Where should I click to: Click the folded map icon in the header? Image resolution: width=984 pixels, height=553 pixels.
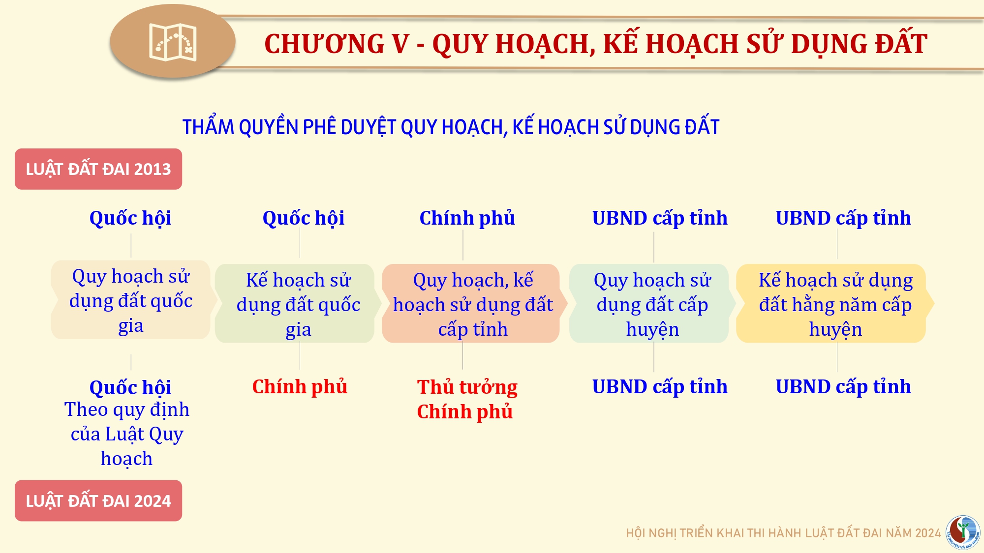click(x=173, y=42)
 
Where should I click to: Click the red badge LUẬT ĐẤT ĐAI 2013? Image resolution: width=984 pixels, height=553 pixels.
click(x=98, y=169)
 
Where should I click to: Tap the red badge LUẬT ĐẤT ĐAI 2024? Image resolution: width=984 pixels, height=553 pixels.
click(x=98, y=500)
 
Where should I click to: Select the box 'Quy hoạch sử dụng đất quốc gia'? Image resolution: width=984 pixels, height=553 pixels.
click(x=131, y=300)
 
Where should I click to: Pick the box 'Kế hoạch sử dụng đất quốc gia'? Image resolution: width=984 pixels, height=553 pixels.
click(x=298, y=304)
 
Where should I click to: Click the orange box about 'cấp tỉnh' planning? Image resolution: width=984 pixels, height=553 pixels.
click(x=473, y=304)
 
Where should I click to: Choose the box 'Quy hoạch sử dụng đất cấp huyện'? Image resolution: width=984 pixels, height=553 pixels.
click(x=652, y=304)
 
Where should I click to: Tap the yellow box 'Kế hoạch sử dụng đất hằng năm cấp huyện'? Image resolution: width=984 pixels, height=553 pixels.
click(x=835, y=304)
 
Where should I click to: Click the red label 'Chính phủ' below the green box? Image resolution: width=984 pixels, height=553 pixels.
click(x=300, y=387)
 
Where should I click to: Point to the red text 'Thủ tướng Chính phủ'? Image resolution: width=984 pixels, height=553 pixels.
click(x=467, y=399)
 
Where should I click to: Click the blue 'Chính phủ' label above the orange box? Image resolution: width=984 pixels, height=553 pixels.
click(x=467, y=218)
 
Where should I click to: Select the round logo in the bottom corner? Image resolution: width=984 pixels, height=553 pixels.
click(x=963, y=532)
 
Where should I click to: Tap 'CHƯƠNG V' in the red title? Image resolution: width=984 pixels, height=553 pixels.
click(x=337, y=44)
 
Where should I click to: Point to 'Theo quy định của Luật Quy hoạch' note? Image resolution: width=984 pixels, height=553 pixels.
click(x=127, y=434)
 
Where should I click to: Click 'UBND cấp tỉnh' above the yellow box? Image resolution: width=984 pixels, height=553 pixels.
click(x=843, y=218)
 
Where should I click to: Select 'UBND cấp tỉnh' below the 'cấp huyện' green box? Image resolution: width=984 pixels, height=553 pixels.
click(x=660, y=387)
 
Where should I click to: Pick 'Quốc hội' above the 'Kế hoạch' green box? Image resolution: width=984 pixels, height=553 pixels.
click(x=304, y=218)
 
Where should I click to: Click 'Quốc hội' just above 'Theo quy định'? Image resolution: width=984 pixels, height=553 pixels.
click(x=130, y=387)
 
